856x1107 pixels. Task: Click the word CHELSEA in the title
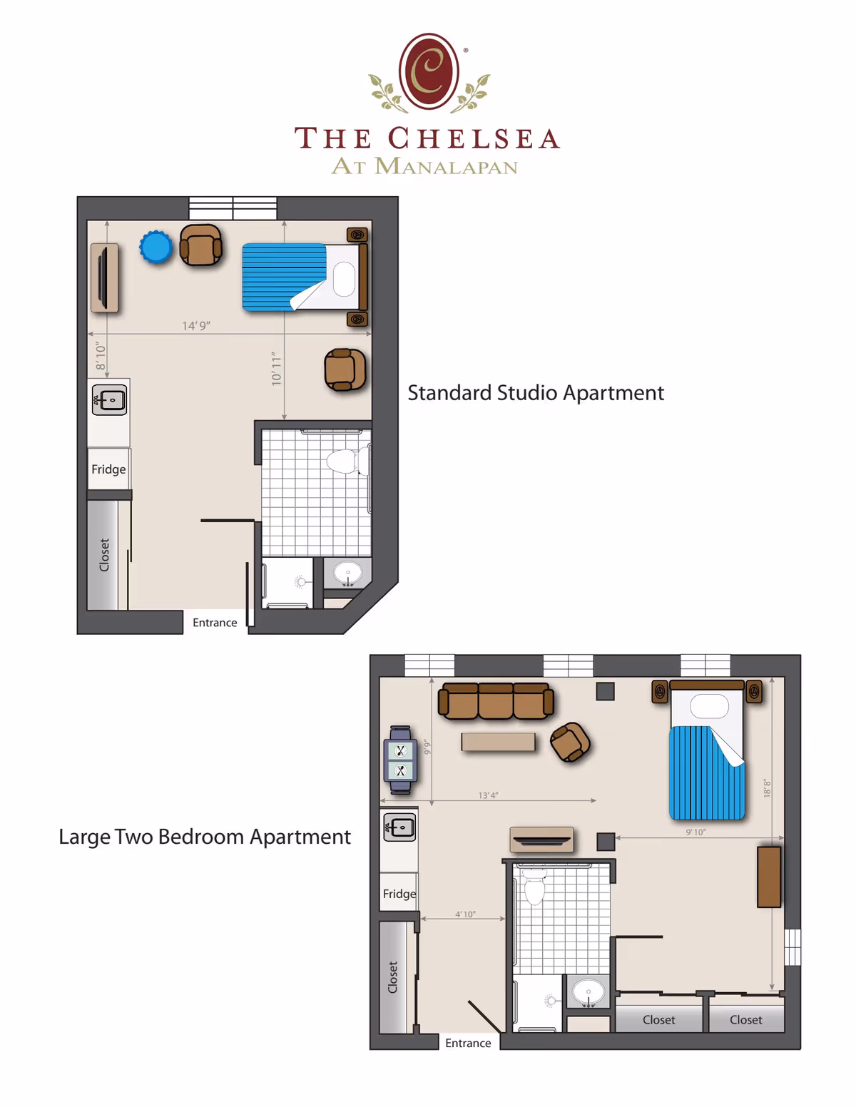coord(474,138)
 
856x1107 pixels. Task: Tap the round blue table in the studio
coord(156,248)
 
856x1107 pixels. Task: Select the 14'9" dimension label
coord(196,326)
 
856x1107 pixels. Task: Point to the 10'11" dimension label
coord(277,369)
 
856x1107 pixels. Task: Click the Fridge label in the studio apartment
coord(108,469)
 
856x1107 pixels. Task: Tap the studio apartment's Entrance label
coord(215,623)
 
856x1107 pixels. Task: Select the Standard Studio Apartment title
coord(535,393)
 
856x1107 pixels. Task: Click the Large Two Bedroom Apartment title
coord(205,837)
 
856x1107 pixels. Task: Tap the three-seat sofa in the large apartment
coord(496,701)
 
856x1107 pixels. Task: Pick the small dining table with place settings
coord(400,760)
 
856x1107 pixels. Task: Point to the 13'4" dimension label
coord(488,795)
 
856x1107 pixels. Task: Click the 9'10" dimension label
coord(695,832)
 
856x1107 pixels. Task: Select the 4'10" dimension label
coord(465,914)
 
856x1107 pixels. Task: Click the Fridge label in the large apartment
coord(399,894)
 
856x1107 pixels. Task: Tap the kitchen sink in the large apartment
coord(399,827)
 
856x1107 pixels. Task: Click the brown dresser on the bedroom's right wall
coord(769,877)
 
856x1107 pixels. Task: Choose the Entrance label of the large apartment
coord(468,1043)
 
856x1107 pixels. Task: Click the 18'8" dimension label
coord(768,788)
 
